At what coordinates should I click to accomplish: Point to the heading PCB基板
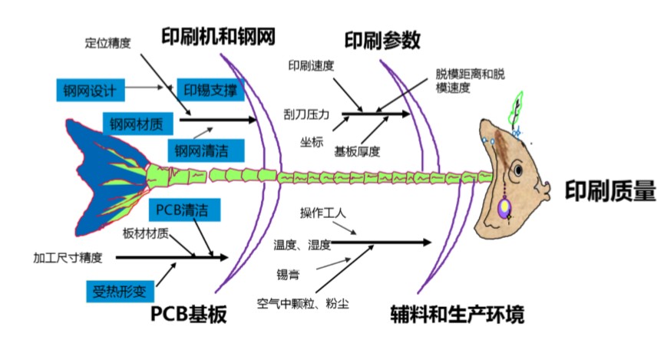pyautogui.click(x=189, y=315)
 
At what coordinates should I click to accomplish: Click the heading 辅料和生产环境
pyautogui.click(x=457, y=315)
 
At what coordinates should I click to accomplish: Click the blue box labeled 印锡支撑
pyautogui.click(x=210, y=90)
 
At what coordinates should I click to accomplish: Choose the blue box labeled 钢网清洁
pyautogui.click(x=200, y=149)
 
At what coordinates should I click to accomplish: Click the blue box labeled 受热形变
pyautogui.click(x=119, y=291)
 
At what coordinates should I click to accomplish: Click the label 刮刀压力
pyautogui.click(x=306, y=115)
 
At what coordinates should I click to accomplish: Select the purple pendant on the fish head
pyautogui.click(x=504, y=208)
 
